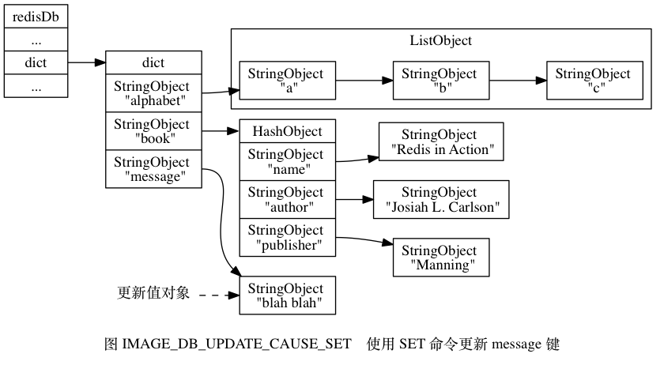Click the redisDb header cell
coord(36,17)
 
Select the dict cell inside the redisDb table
coord(36,62)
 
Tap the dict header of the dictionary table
coord(153,62)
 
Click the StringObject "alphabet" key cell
coord(153,92)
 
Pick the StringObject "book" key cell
coord(153,130)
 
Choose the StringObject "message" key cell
coord(153,169)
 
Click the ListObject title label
coord(440,41)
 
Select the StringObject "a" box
coord(287,81)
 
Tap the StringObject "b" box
coord(440,81)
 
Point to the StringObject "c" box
coord(594,81)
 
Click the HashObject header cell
coord(287,130)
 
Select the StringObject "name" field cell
coord(287,161)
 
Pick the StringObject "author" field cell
coord(287,199)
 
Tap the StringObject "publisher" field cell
coord(287,237)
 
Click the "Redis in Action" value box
coord(440,141)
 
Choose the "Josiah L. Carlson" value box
coord(440,199)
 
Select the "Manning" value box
coord(440,257)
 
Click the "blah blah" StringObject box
coord(287,295)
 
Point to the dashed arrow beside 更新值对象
coord(217,295)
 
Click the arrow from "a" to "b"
coord(364,81)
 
